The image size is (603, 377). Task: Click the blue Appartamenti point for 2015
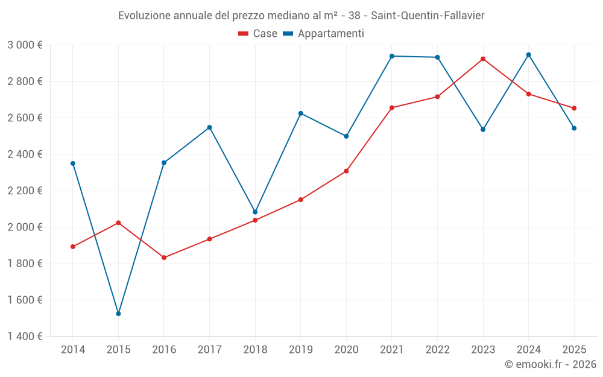point(118,314)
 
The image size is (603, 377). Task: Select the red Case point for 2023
point(483,59)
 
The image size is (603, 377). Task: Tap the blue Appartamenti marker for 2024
point(529,55)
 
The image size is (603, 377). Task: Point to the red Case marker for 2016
point(164,258)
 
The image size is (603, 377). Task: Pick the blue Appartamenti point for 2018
point(255,212)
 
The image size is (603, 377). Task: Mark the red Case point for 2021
point(392,108)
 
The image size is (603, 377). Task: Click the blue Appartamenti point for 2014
point(73,163)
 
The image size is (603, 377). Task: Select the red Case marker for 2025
point(574,109)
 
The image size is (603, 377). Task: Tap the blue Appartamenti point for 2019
point(301,113)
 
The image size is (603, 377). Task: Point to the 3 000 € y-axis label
point(25,45)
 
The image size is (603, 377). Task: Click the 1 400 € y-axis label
point(25,337)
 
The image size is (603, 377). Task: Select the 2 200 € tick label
point(25,191)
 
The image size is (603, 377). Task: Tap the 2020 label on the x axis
point(346,350)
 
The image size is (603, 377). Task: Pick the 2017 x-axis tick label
point(209,350)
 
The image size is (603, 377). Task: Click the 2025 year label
point(574,350)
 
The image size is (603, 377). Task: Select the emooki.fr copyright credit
point(550,364)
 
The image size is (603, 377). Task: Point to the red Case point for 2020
point(346,171)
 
